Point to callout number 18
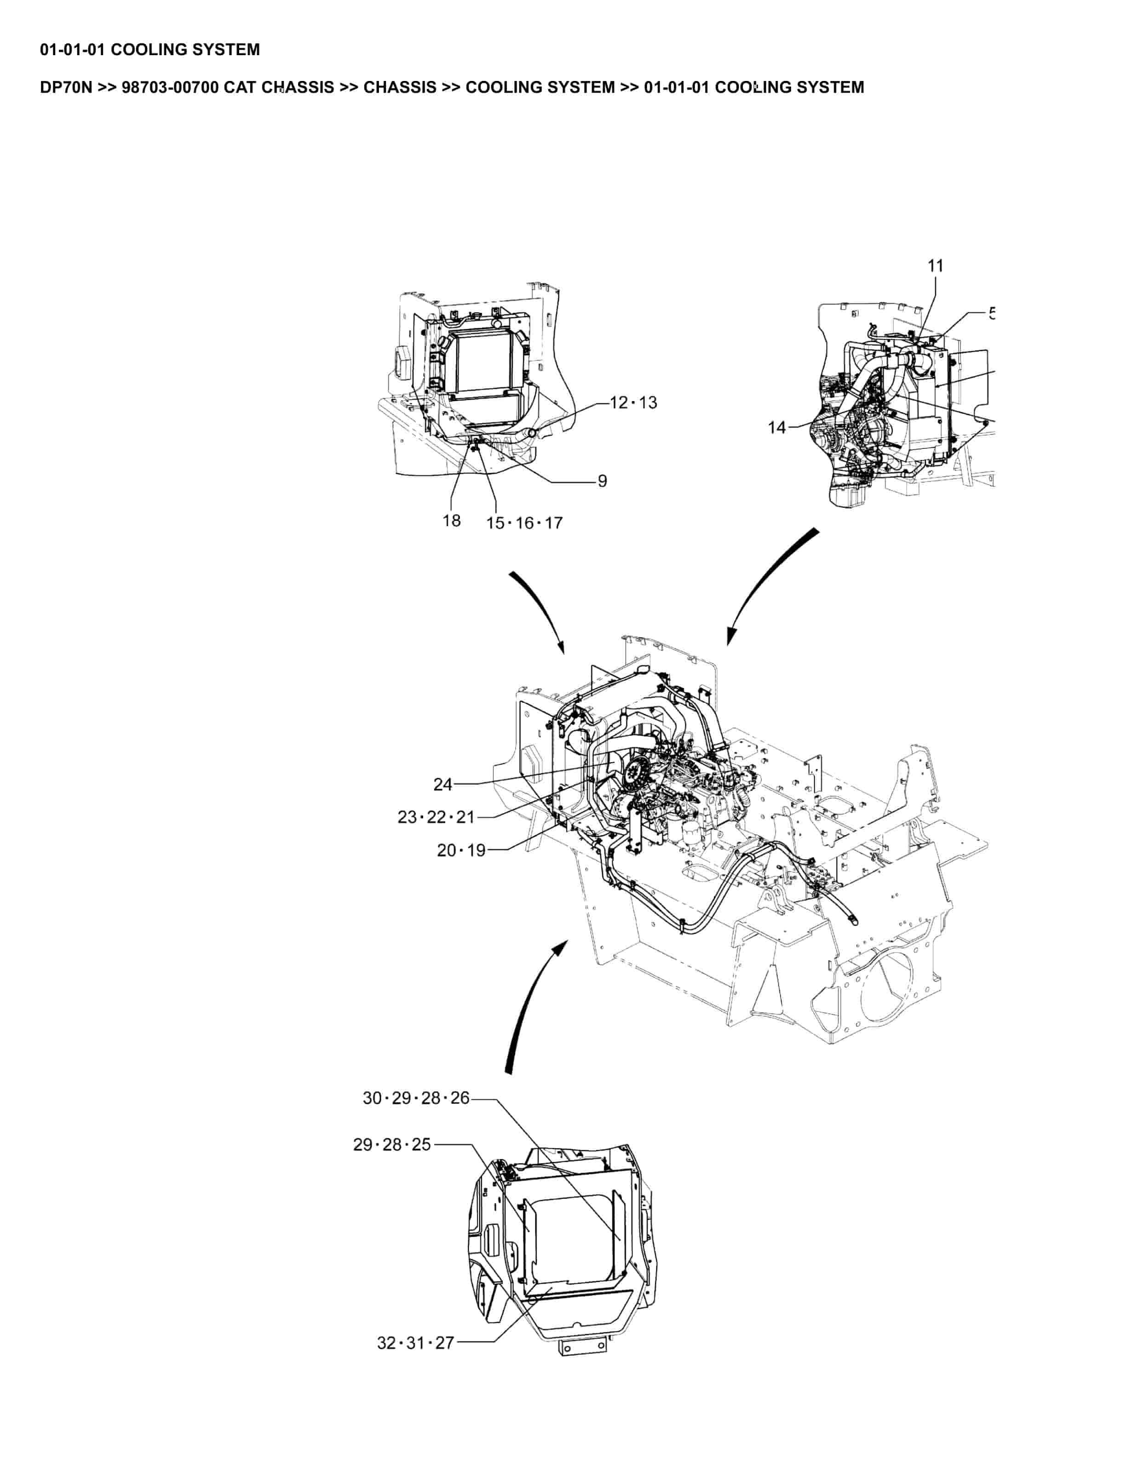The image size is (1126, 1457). click(x=452, y=520)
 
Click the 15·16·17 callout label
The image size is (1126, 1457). click(x=524, y=523)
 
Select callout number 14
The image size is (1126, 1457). click(x=777, y=428)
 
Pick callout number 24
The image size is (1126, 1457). click(x=443, y=785)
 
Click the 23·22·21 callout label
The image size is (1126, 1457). click(x=436, y=817)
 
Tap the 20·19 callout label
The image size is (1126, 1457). click(x=462, y=850)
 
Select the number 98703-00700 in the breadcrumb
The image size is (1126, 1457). click(x=170, y=87)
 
